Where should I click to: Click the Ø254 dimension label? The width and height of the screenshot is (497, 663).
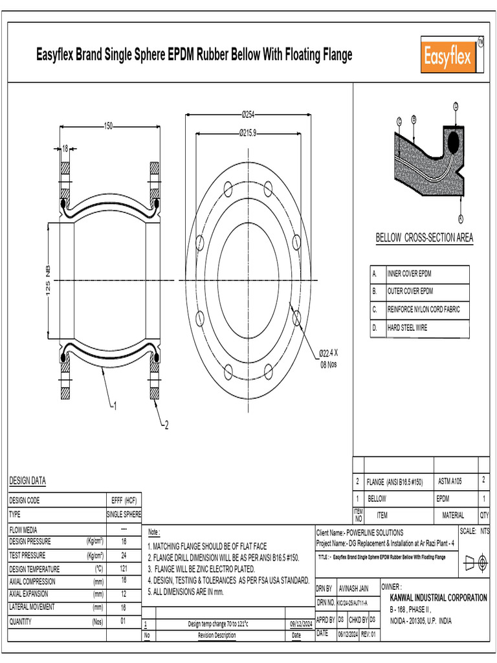247,115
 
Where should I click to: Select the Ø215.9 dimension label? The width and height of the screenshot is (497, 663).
247,133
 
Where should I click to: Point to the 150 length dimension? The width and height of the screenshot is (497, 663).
108,126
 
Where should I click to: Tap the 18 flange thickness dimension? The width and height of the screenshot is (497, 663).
65,149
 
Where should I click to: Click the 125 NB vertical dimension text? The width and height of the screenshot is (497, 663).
47,280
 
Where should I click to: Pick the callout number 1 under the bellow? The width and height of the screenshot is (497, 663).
115,406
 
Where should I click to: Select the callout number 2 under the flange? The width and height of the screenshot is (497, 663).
166,425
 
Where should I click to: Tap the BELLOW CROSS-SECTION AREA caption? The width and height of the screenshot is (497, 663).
424,238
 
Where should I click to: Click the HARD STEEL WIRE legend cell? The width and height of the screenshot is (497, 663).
408,328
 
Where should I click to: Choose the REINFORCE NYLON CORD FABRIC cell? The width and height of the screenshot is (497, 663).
424,310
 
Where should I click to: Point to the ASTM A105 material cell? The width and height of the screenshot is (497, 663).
450,482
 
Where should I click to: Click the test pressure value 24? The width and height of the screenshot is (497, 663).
124,556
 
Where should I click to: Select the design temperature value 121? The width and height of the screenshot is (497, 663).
124,568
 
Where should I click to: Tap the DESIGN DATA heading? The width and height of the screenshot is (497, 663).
27,480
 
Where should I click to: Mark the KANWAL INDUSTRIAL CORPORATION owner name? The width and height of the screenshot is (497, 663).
438,598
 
